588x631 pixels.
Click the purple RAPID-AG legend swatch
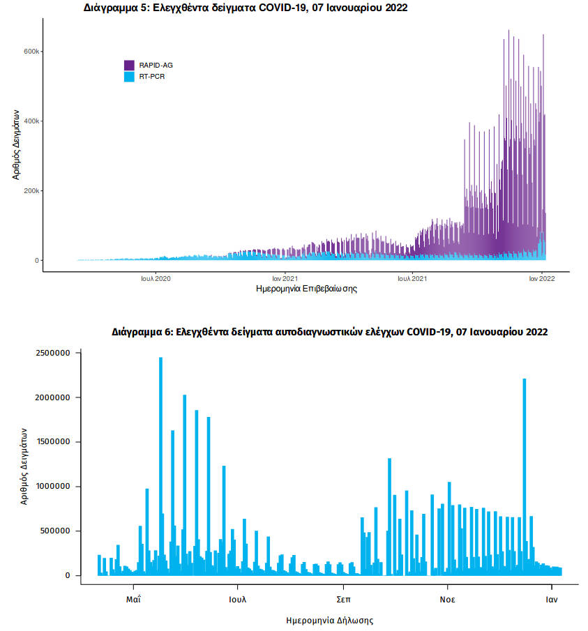pos(129,65)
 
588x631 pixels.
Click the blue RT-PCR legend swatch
pos(129,76)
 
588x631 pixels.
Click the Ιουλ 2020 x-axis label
pos(156,278)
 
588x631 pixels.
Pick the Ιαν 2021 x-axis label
pos(285,278)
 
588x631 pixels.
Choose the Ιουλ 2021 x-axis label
pos(412,278)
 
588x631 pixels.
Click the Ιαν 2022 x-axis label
pos(541,278)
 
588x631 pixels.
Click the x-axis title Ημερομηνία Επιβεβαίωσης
pos(307,289)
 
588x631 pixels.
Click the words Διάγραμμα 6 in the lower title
pos(140,332)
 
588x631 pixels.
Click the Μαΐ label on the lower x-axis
pos(134,599)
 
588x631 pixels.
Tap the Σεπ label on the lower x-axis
pos(342,599)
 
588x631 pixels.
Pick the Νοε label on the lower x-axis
pos(447,599)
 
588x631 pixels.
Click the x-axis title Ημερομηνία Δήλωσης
pos(330,619)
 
